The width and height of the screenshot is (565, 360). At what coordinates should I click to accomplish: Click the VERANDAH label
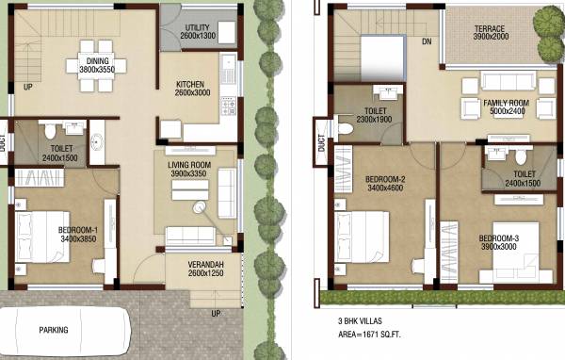pyautogui.click(x=198, y=267)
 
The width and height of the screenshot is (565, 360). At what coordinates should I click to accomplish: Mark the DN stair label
pyautogui.click(x=426, y=41)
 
